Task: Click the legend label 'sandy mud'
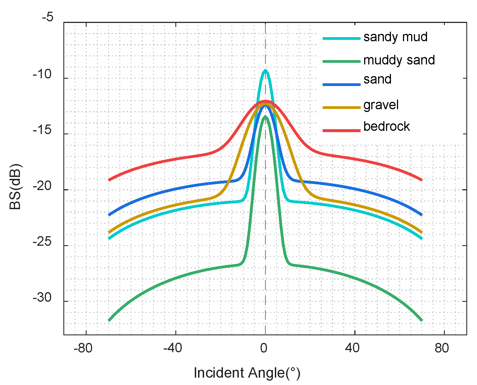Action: point(395,37)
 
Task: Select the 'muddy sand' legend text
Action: point(399,60)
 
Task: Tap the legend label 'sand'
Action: point(377,79)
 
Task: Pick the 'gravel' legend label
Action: point(381,105)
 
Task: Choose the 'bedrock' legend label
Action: point(387,126)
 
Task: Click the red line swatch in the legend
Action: point(341,131)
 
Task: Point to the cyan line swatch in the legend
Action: point(341,38)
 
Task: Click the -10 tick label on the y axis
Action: point(42,74)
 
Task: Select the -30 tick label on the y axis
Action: point(42,298)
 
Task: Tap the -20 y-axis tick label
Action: point(42,186)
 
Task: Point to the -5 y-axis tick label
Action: point(48,17)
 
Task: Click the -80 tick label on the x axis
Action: point(83,348)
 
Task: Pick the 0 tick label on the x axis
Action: point(264,348)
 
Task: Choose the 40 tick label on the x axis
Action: point(352,348)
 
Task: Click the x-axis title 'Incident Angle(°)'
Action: point(247,373)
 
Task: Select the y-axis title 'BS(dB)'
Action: point(15,186)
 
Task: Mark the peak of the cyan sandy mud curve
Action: point(265,70)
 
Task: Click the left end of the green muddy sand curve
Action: point(109,320)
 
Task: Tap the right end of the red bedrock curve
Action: point(422,180)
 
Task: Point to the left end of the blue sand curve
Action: point(109,215)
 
